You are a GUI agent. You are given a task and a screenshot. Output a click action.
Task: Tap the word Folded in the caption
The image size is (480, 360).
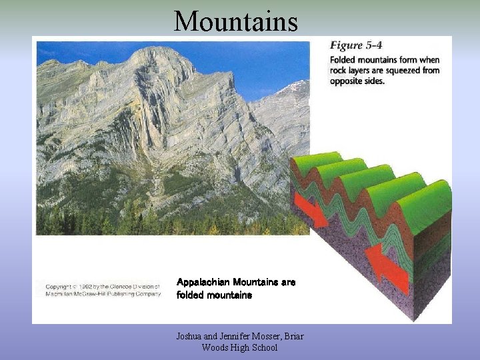[344, 59]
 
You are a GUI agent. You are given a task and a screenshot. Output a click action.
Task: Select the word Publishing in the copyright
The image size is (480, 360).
[124, 294]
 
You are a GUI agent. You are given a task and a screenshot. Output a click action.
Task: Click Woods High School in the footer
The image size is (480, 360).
[239, 347]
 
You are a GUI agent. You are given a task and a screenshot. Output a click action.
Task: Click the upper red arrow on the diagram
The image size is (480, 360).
[311, 211]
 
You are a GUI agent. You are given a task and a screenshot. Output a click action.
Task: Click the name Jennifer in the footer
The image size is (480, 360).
[231, 337]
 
